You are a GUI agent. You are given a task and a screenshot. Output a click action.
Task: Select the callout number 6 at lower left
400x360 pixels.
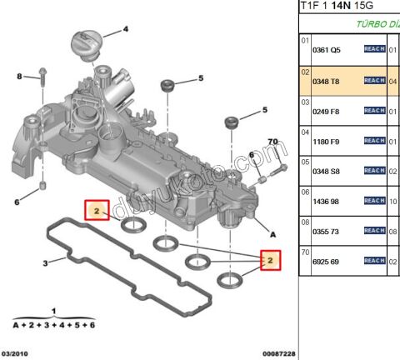17,202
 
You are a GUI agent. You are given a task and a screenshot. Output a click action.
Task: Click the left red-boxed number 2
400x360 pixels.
97,212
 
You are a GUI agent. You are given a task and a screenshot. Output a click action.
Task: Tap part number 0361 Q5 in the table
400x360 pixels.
326,50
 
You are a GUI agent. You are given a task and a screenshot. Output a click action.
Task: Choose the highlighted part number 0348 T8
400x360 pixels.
326,81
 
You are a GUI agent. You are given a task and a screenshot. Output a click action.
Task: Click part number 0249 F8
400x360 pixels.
326,111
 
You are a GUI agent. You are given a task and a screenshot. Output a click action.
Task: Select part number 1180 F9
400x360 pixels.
326,142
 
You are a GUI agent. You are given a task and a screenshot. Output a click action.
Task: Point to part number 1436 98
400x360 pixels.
326,202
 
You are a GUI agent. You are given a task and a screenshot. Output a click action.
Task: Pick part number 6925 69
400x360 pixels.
326,262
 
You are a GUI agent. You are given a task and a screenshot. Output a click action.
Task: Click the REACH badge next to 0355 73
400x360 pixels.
374,231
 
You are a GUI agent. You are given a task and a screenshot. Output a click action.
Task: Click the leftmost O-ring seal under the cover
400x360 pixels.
132,227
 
